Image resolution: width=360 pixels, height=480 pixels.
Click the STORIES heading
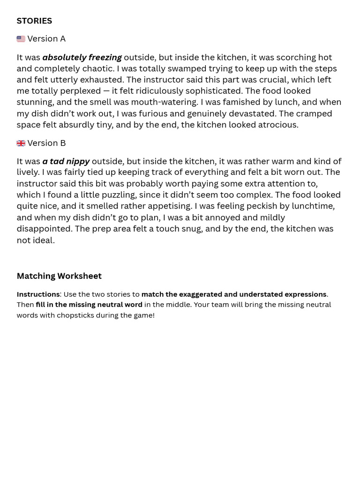(x=34, y=21)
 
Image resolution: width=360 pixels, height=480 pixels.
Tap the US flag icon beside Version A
(x=21, y=39)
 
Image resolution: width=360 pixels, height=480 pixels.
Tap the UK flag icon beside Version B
(x=21, y=143)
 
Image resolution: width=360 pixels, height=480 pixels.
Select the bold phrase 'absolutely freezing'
(x=82, y=57)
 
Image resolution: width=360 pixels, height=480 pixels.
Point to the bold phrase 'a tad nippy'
(x=66, y=161)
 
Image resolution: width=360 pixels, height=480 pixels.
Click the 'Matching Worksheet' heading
(x=59, y=276)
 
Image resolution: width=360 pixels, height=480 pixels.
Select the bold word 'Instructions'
(x=38, y=294)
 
